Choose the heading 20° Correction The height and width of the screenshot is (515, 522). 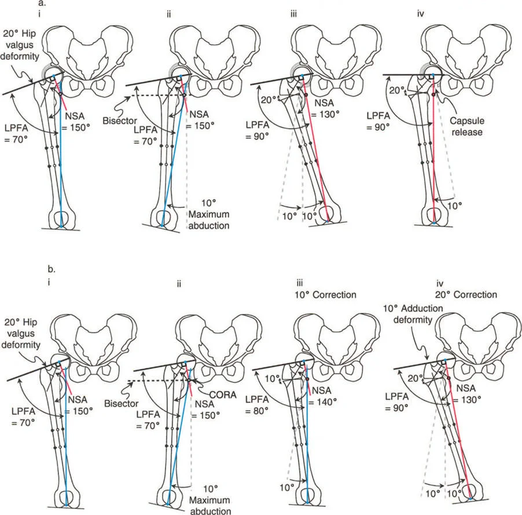tap(465, 294)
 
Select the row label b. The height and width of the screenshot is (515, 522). tap(53, 269)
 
